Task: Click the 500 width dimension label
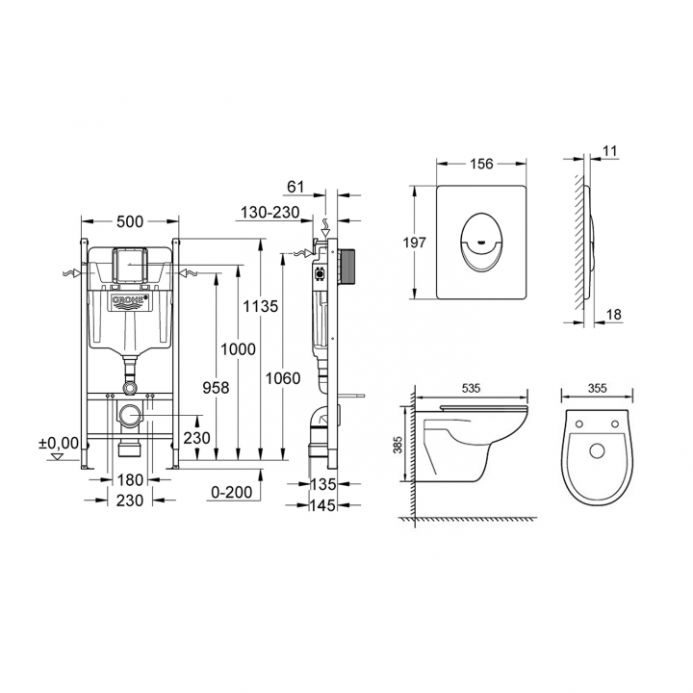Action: pyautogui.click(x=130, y=221)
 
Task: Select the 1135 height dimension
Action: pyautogui.click(x=260, y=306)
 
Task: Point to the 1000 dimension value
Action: pyautogui.click(x=238, y=349)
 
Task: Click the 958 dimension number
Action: pyautogui.click(x=216, y=388)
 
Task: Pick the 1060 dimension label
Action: pyautogui.click(x=283, y=378)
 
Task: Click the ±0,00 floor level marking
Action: pyautogui.click(x=59, y=443)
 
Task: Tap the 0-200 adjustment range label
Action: pyautogui.click(x=232, y=492)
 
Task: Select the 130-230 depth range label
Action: pyautogui.click(x=270, y=213)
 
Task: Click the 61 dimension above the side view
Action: pyautogui.click(x=295, y=187)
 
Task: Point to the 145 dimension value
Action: pyautogui.click(x=322, y=505)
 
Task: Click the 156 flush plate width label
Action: pyautogui.click(x=481, y=164)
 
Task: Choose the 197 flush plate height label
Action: pyautogui.click(x=414, y=243)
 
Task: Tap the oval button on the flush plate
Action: pyautogui.click(x=481, y=242)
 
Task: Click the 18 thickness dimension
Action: pyautogui.click(x=613, y=315)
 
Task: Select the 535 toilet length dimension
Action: pyautogui.click(x=471, y=388)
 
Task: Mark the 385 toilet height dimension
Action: pyautogui.click(x=398, y=445)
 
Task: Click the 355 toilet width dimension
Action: pyautogui.click(x=597, y=388)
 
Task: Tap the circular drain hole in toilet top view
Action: pyautogui.click(x=597, y=450)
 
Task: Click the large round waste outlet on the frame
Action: pyautogui.click(x=130, y=416)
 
